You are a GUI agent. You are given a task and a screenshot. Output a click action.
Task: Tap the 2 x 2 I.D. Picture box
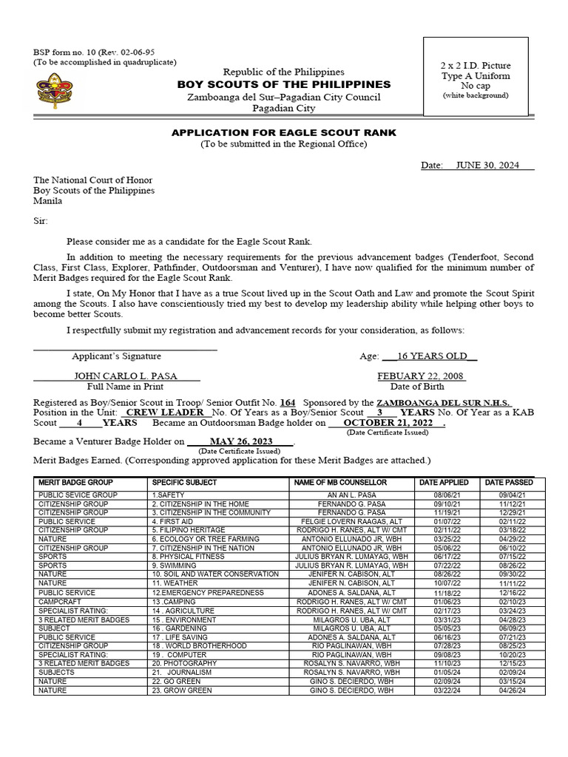(x=476, y=77)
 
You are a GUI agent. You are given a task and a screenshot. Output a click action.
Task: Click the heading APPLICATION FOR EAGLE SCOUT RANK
(x=284, y=132)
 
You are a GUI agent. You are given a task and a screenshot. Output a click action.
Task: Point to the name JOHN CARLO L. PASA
(x=126, y=376)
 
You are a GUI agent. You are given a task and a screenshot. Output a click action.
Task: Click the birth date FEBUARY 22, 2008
(x=421, y=376)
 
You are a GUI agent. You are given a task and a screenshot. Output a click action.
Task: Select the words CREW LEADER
(x=165, y=412)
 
